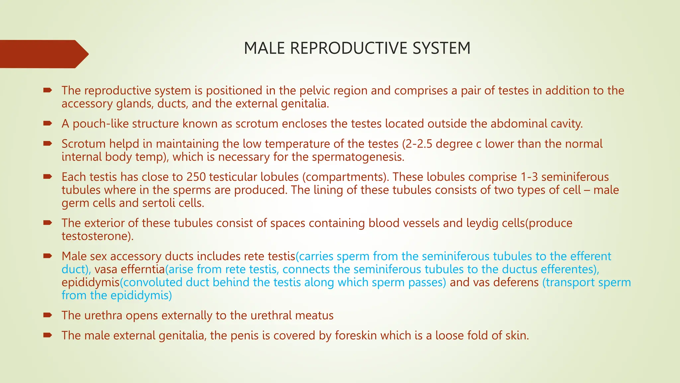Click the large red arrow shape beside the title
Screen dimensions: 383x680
(43, 54)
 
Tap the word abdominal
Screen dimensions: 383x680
(519, 124)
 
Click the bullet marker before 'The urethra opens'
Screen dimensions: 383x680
(47, 315)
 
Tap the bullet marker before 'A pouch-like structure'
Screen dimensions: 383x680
(47, 123)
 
